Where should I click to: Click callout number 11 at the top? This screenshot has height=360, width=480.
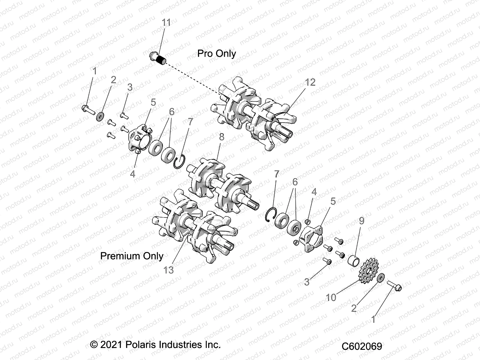pyautogui.click(x=166, y=22)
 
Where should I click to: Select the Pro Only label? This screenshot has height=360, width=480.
pyautogui.click(x=216, y=54)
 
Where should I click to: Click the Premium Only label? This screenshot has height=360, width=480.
pyautogui.click(x=132, y=256)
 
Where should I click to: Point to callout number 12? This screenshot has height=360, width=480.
pyautogui.click(x=310, y=82)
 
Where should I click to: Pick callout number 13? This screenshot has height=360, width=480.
pyautogui.click(x=169, y=270)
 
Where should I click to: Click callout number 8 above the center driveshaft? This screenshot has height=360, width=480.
pyautogui.click(x=221, y=137)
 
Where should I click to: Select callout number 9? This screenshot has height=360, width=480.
pyautogui.click(x=361, y=221)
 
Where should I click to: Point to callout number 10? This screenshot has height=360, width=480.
pyautogui.click(x=331, y=298)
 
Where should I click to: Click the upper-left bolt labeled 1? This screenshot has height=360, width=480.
pyautogui.click(x=88, y=109)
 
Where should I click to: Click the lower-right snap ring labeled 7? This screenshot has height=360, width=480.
pyautogui.click(x=271, y=214)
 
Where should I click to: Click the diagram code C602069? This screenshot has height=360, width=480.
pyautogui.click(x=362, y=346)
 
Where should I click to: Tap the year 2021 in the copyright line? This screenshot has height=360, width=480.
pyautogui.click(x=111, y=344)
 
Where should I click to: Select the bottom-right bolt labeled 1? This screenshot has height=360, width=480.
pyautogui.click(x=394, y=286)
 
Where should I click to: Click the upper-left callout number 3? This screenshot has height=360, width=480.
pyautogui.click(x=130, y=87)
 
